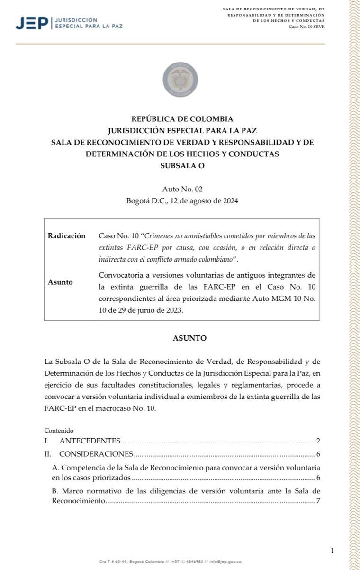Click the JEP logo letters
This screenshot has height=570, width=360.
31,22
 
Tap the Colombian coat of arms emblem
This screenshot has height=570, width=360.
180,79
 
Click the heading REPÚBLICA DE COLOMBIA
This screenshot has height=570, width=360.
182,119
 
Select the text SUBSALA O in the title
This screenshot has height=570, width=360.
182,166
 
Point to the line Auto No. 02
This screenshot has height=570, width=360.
182,189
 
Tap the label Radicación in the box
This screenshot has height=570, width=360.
67,236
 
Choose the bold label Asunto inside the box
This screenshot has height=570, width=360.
60,282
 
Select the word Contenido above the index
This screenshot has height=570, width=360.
59,431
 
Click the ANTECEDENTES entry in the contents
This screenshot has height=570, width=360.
90,441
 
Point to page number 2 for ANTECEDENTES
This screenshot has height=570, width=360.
318,441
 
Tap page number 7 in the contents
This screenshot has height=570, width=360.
318,500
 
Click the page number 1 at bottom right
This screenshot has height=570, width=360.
332,551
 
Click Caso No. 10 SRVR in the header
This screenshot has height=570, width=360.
306,27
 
